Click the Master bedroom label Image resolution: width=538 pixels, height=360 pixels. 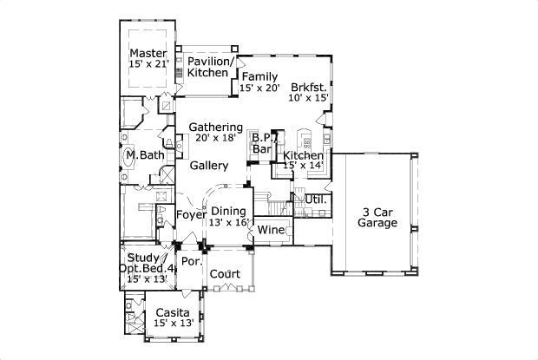point(148,54)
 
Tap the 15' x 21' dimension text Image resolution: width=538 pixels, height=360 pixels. point(149,64)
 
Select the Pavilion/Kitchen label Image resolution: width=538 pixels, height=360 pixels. point(210,67)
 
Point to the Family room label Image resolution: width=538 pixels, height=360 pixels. point(259,76)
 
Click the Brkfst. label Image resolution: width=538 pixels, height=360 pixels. point(309,87)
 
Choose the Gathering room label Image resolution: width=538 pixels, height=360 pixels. point(216,127)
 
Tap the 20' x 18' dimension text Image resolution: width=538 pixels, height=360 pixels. point(216,137)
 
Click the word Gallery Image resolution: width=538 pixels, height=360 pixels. point(209,166)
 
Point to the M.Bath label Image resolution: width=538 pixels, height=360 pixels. point(146,155)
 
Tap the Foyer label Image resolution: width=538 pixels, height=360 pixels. point(191,215)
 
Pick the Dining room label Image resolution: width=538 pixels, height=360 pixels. point(228,211)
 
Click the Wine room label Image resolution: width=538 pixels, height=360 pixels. point(271,230)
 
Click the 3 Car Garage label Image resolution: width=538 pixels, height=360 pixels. point(377,218)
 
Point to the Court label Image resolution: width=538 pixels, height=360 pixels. point(225,274)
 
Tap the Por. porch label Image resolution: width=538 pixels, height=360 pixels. point(192,261)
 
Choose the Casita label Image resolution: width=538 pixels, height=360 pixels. point(172,312)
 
